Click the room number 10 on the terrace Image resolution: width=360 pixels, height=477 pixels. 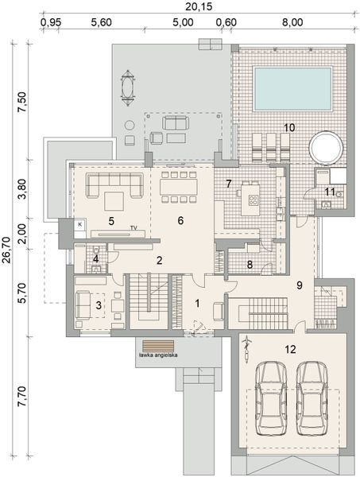point(289,127)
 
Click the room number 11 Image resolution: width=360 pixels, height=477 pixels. point(329,191)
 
